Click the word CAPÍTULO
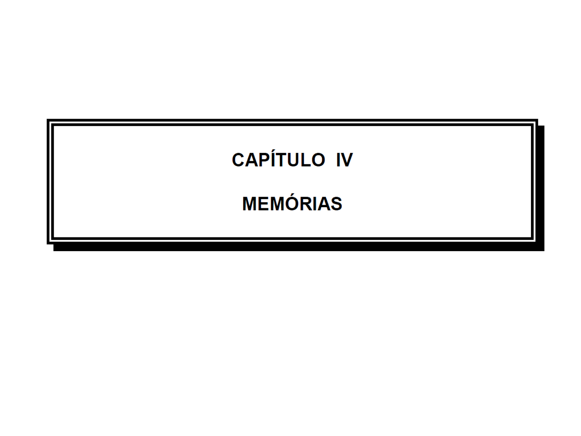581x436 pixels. click(x=278, y=159)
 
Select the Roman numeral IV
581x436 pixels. click(x=345, y=160)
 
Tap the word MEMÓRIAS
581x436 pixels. click(x=292, y=204)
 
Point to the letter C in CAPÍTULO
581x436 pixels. click(x=238, y=160)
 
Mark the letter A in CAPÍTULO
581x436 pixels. click(x=251, y=160)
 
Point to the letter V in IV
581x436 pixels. click(x=347, y=160)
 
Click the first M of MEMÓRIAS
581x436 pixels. click(x=249, y=204)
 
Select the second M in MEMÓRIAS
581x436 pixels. click(x=278, y=204)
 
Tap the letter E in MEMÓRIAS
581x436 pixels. click(x=263, y=204)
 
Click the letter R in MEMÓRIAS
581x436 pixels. click(x=307, y=204)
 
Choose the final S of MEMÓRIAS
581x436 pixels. click(x=336, y=204)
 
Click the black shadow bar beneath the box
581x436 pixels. click(x=299, y=247)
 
